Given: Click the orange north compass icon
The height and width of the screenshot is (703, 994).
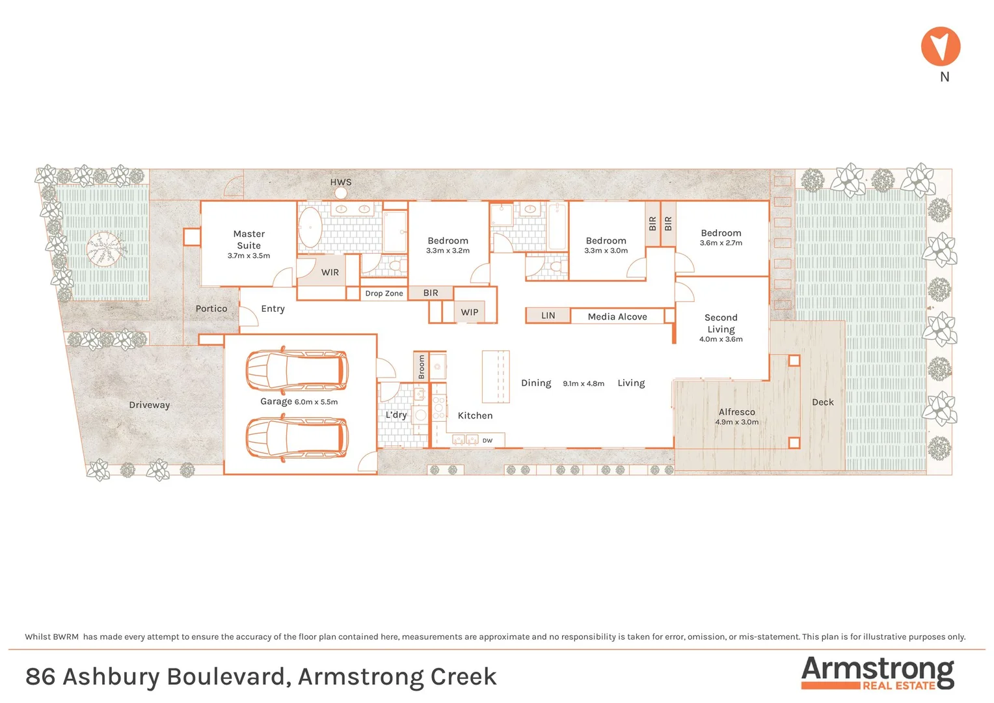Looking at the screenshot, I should tap(941, 46).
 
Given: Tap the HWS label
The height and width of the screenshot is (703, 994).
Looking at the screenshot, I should tap(340, 182).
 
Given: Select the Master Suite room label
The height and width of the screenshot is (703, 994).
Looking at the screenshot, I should tap(248, 240).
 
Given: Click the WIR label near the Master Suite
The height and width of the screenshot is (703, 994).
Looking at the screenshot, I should tap(330, 273).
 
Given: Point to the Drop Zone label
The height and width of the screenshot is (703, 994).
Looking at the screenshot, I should tap(384, 294).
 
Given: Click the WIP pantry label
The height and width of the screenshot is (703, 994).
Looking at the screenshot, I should tap(470, 312).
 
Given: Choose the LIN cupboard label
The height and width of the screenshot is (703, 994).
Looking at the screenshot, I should tap(548, 316).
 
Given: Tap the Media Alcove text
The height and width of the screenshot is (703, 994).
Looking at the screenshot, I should tap(617, 317).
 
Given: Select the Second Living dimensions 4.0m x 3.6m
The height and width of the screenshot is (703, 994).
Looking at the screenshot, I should tap(721, 339).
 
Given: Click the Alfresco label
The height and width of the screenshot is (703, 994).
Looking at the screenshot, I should tap(736, 412).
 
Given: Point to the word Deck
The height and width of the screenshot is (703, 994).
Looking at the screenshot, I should tap(822, 402).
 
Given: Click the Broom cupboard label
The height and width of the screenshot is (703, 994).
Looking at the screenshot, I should tap(422, 366).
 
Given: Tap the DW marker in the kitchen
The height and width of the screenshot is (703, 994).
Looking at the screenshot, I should tap(487, 441).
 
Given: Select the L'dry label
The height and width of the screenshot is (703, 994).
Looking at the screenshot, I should tap(396, 415).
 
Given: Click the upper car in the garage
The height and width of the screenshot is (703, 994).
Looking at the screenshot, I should tap(297, 370).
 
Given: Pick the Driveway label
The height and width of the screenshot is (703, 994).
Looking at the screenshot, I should tap(149, 405).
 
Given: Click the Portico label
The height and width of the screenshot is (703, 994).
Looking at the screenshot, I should tap(211, 309).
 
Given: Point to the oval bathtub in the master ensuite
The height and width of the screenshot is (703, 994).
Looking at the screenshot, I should tap(310, 227).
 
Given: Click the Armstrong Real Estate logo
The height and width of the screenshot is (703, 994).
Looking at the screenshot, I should tap(877, 672).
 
